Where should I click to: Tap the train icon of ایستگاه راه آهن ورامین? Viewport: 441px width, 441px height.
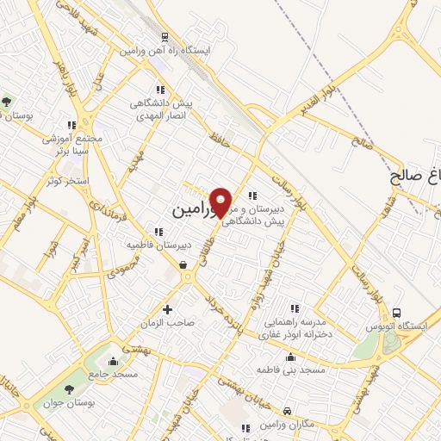tap(163, 37)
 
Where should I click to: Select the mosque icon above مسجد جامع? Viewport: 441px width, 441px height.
tap(113, 360)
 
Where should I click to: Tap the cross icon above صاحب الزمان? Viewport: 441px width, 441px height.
tap(167, 309)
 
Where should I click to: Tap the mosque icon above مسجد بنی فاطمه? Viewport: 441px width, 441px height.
tap(289, 357)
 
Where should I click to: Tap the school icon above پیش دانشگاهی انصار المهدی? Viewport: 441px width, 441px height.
tap(159, 90)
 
